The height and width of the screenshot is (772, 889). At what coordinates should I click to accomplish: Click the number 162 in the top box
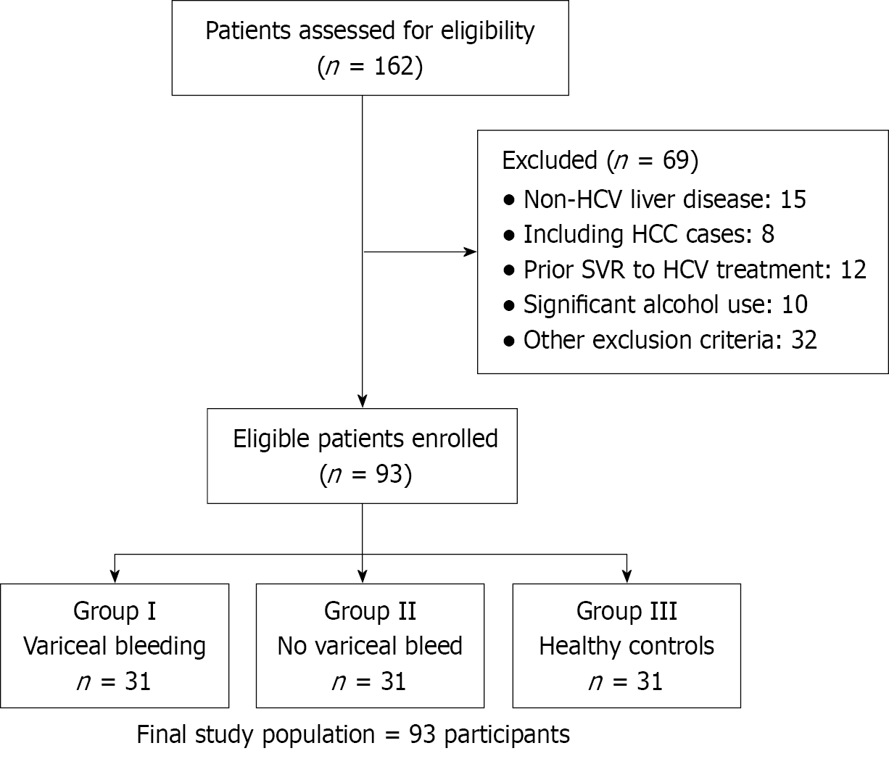point(394,67)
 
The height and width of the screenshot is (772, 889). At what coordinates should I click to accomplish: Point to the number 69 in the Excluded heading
point(675,160)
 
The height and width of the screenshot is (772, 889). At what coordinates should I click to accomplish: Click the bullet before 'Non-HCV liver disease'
point(510,199)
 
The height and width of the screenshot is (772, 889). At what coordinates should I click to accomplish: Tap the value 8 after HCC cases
point(768,235)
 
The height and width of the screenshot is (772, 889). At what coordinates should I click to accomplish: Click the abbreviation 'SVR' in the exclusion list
point(635,270)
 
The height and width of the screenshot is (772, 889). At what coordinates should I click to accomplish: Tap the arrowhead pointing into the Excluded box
point(471,252)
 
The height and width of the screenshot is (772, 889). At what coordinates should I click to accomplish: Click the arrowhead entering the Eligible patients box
point(362,401)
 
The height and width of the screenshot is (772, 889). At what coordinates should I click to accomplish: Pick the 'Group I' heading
point(115,611)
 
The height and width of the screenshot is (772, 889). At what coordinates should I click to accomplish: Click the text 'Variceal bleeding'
point(115,646)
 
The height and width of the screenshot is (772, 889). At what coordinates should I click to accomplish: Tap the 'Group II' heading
point(370,611)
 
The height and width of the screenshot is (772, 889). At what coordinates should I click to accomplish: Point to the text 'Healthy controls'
point(627,646)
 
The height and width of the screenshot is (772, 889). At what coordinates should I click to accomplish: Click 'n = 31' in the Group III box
point(627,681)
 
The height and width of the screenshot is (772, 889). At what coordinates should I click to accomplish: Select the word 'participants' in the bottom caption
point(507,734)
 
